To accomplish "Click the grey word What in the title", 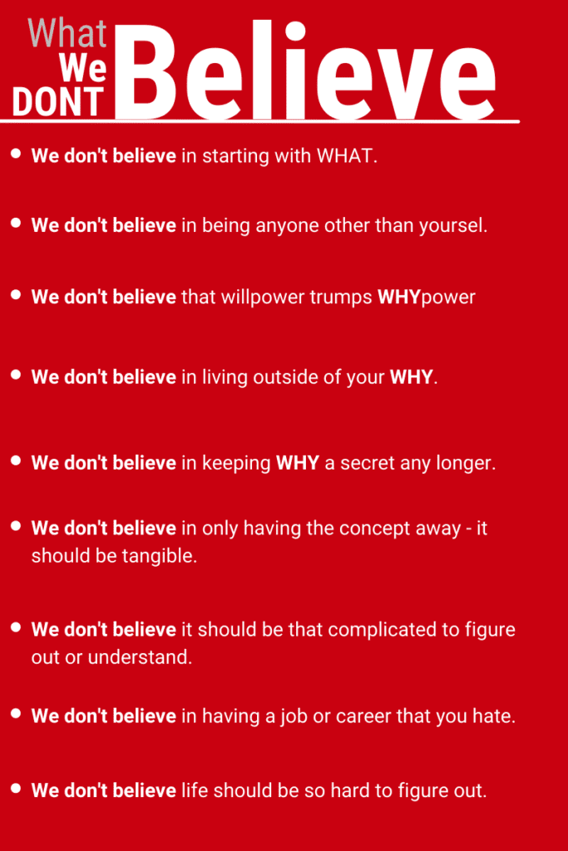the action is pos(67,33).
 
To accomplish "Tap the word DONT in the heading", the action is pos(58,101).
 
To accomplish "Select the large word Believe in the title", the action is pos(306,71).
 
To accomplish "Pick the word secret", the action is pos(368,463).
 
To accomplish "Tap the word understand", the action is pos(140,657).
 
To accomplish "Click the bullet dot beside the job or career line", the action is pos(16,713).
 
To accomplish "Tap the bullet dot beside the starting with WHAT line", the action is pos(16,153).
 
